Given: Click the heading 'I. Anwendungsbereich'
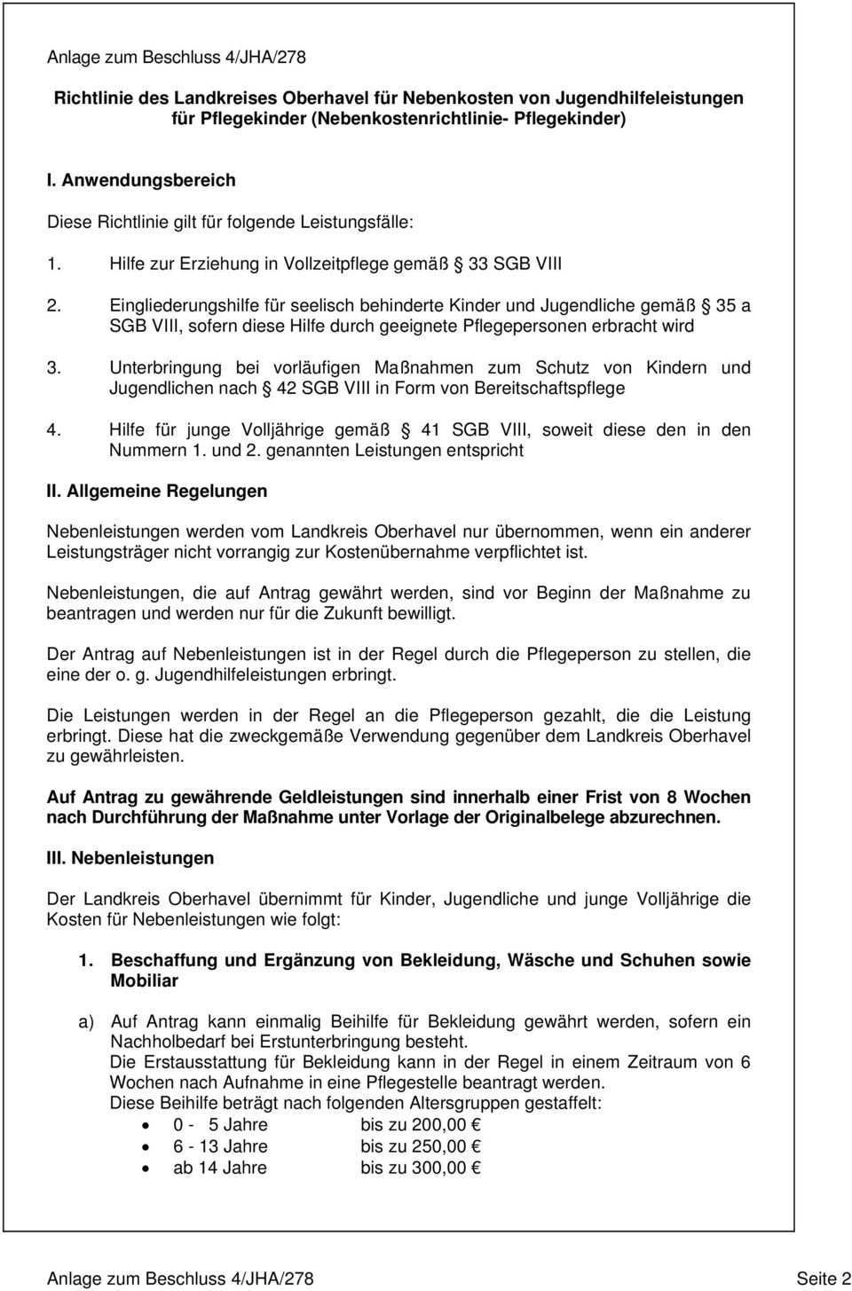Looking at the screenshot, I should pyautogui.click(x=141, y=180).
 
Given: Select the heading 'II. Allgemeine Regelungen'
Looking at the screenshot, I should pyautogui.click(x=156, y=491).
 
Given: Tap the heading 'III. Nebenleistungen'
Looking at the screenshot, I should pyautogui.click(x=130, y=858).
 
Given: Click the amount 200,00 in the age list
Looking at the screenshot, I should pyautogui.click(x=435, y=1125).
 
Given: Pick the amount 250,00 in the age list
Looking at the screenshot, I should pyautogui.click(x=435, y=1146).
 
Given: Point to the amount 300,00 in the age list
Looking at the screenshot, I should pyautogui.click(x=435, y=1168).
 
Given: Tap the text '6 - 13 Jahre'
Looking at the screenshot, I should pyautogui.click(x=220, y=1146).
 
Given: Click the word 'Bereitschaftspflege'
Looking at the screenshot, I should pyautogui.click(x=550, y=388).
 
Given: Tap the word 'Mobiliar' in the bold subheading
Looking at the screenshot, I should pyautogui.click(x=144, y=980).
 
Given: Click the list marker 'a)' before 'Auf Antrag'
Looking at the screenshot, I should pyautogui.click(x=86, y=1021).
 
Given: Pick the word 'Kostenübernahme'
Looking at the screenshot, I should pyautogui.click(x=389, y=553).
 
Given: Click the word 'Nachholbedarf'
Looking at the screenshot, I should pyautogui.click(x=165, y=1042).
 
